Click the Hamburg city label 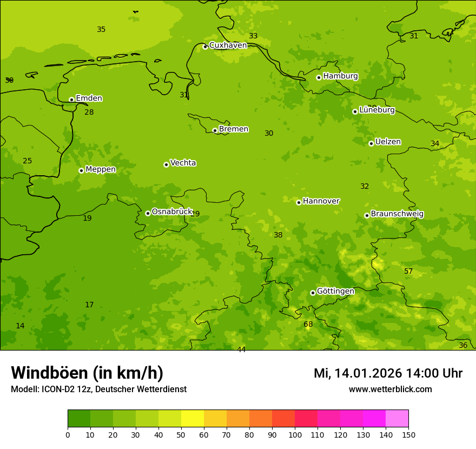[x=340, y=76]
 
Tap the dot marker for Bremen [x=215, y=130]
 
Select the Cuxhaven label [x=228, y=45]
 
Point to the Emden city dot [x=71, y=100]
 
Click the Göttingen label [x=335, y=291]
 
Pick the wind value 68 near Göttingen [x=308, y=325]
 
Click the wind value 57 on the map [x=408, y=271]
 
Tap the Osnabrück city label [x=172, y=212]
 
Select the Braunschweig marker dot [x=367, y=215]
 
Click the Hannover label [x=321, y=201]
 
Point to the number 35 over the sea [x=101, y=30]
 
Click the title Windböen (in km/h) [x=87, y=373]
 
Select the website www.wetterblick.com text [x=390, y=389]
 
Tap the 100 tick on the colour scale [x=295, y=434]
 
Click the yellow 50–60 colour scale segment [x=193, y=418]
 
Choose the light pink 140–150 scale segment [x=397, y=418]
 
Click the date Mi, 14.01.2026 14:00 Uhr [x=388, y=373]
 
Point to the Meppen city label [x=101, y=169]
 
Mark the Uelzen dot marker [x=371, y=143]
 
